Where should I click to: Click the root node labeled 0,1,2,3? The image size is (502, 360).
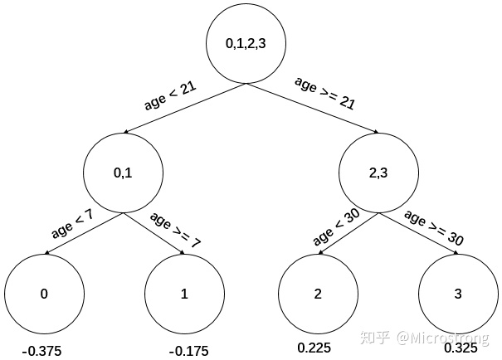pyautogui.click(x=246, y=44)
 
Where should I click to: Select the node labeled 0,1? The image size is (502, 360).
pyautogui.click(x=124, y=173)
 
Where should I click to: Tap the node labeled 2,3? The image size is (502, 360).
pyautogui.click(x=378, y=173)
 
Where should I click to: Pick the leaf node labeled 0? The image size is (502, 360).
pyautogui.click(x=44, y=294)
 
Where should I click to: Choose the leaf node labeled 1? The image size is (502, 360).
pyautogui.click(x=184, y=294)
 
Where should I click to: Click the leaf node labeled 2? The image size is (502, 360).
pyautogui.click(x=319, y=294)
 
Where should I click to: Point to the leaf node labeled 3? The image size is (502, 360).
pyautogui.click(x=459, y=294)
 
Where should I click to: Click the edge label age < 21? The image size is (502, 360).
pyautogui.click(x=169, y=96)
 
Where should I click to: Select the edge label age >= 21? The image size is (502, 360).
pyautogui.click(x=325, y=94)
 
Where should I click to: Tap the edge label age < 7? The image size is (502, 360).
pyautogui.click(x=72, y=224)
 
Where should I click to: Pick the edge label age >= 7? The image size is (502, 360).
pyautogui.click(x=175, y=231)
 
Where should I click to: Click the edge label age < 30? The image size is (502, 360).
pyautogui.click(x=336, y=227)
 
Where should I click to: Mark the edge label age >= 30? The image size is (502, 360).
pyautogui.click(x=434, y=228)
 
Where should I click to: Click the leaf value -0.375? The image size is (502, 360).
pyautogui.click(x=41, y=351)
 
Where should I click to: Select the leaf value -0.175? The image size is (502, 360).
pyautogui.click(x=189, y=351)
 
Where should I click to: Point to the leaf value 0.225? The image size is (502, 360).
pyautogui.click(x=314, y=348)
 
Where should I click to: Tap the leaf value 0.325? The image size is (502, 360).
pyautogui.click(x=461, y=348)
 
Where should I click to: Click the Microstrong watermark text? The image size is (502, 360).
pyautogui.click(x=443, y=338)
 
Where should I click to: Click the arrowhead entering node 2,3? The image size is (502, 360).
pyautogui.click(x=377, y=132)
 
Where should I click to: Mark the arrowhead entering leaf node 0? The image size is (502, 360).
pyautogui.click(x=46, y=253)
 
